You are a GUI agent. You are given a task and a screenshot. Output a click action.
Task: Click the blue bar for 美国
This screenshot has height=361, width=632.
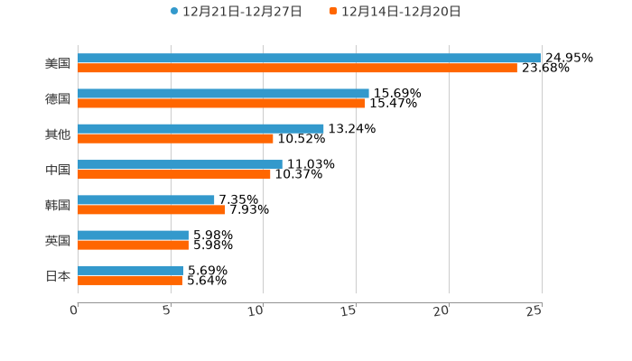point(309,58)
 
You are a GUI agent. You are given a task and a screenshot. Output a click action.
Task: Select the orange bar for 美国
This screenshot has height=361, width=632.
point(297,68)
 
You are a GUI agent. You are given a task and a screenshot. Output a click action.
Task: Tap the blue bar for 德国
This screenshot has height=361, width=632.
point(223,93)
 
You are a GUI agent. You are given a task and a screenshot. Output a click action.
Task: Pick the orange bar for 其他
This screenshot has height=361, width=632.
point(175,138)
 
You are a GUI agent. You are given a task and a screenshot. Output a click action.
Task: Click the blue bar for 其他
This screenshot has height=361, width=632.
point(200,128)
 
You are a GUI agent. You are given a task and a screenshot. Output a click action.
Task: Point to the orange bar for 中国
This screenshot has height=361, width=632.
point(174,174)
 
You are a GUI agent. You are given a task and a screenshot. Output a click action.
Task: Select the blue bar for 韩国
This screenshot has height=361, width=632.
point(146,199)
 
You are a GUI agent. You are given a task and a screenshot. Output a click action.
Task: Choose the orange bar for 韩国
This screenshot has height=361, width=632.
point(152,209)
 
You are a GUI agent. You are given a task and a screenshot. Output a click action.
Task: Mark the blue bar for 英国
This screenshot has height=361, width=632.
point(133,235)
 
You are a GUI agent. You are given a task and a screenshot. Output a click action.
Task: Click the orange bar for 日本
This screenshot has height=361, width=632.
point(130,281)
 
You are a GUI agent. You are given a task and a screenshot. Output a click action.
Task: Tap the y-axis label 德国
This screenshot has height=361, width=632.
point(58,98)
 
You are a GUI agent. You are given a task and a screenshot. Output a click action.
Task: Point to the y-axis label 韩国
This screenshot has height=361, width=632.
point(58,205)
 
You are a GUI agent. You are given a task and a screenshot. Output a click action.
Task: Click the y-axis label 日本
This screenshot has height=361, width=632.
point(58,275)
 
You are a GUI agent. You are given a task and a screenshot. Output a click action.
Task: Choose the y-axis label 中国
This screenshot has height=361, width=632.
point(58,170)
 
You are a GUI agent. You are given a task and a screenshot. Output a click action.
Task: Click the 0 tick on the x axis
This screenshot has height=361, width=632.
point(74,311)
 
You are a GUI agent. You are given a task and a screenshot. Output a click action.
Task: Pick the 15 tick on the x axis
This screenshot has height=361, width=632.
point(349,311)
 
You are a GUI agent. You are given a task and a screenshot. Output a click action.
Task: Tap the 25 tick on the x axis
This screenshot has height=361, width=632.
point(534,311)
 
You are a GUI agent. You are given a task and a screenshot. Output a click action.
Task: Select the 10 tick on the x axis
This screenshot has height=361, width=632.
point(256,311)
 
